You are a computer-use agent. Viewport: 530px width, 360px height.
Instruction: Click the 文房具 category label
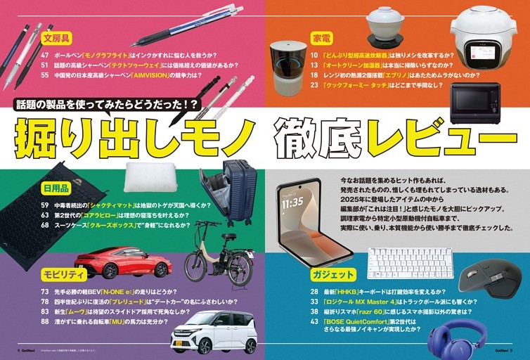[58, 38]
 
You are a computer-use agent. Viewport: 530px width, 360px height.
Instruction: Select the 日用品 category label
[56, 188]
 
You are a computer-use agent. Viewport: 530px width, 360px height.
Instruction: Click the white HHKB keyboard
[411, 263]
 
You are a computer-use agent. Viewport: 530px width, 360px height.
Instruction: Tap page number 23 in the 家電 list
[314, 84]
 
